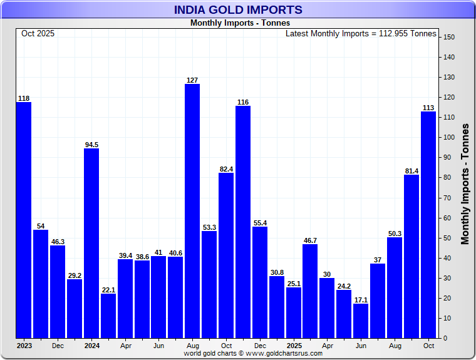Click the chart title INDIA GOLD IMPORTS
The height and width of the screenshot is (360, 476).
point(238,9)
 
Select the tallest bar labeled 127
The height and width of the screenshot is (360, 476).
point(192,210)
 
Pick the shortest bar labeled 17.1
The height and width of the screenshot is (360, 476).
point(361,321)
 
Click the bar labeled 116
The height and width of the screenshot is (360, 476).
point(243,222)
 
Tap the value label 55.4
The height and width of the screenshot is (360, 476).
point(260,222)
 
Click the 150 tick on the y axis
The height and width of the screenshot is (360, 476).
point(448,37)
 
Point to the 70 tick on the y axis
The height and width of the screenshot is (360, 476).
point(448,198)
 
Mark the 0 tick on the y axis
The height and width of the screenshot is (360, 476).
point(447,338)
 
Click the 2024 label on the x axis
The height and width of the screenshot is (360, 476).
point(91,345)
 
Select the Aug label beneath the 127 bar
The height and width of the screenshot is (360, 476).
point(192,345)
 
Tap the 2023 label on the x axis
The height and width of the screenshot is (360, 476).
point(24,345)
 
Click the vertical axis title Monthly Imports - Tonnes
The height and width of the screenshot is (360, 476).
point(465,183)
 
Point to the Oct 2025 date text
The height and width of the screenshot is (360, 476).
point(38,33)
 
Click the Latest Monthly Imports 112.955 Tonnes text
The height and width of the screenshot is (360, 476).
point(361,33)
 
